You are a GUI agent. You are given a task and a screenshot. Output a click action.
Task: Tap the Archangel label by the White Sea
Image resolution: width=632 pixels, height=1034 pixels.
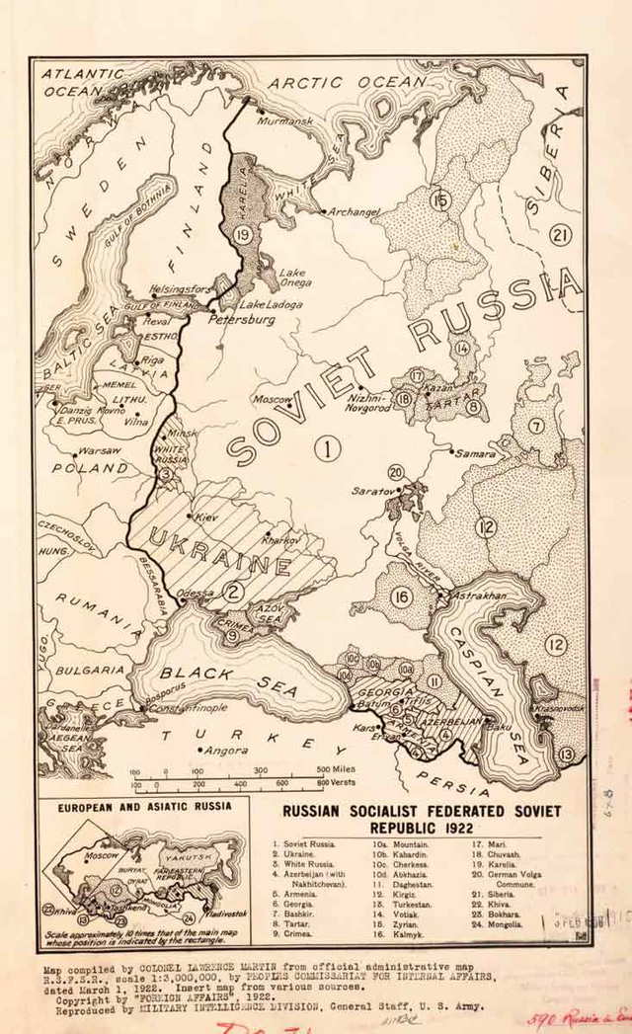pos(355,211)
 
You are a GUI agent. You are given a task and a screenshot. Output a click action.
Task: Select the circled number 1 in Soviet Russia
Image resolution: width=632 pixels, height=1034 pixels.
pos(328,449)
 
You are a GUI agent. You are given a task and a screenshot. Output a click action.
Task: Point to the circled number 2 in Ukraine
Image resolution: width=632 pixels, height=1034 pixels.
pos(233,593)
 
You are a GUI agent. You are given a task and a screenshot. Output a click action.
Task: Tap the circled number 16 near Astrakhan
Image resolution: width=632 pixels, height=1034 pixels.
pos(400,597)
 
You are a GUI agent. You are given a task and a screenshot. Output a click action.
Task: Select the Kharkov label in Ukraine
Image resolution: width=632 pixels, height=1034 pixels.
pos(281,540)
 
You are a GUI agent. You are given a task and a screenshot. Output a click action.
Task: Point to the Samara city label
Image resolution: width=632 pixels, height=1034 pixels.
pos(475,453)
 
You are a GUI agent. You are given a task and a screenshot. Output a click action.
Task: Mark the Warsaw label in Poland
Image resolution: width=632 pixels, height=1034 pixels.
pos(99,450)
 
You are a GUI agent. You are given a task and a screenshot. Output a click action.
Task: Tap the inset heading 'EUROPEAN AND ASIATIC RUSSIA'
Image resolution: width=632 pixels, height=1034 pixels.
pos(144,805)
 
